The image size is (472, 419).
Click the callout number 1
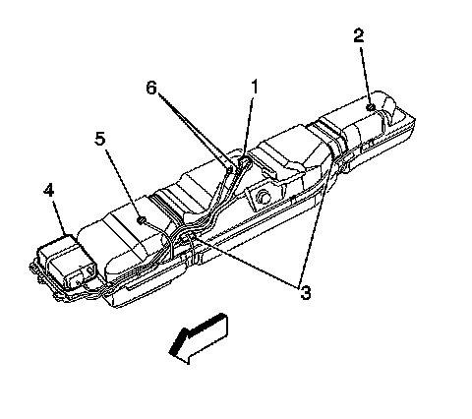pyautogui.click(x=255, y=87)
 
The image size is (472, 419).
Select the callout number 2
pyautogui.click(x=359, y=35)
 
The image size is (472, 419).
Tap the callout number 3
pyautogui.click(x=305, y=293)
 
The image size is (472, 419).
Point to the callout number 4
pyautogui.click(x=48, y=190)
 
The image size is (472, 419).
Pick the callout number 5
pyautogui.click(x=100, y=139)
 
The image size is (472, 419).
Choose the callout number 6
pyautogui.click(x=151, y=88)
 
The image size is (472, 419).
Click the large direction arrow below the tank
pyautogui.click(x=199, y=338)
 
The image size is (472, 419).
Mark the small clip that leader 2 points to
pyautogui.click(x=371, y=107)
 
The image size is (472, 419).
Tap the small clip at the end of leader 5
pyautogui.click(x=141, y=220)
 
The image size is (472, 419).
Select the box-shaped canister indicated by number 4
pyautogui.click(x=67, y=261)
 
